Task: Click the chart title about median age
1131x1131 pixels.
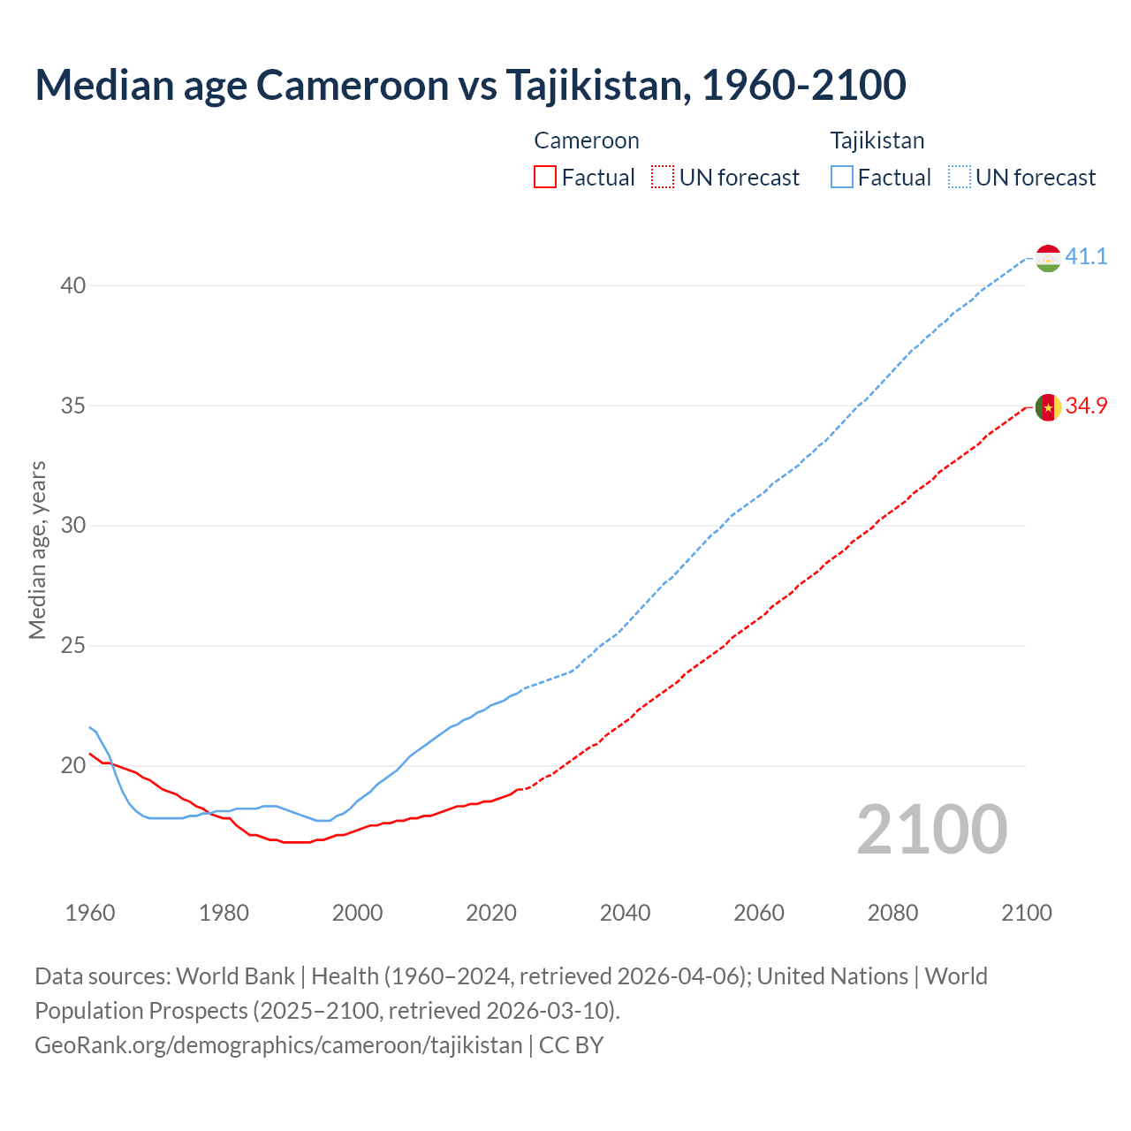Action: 470,85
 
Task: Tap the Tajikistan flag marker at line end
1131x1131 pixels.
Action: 1048,258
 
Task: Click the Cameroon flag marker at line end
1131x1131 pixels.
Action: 1048,407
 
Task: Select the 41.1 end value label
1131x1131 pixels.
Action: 1086,257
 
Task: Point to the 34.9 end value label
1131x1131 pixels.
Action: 1086,406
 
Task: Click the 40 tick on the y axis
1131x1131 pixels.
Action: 73,285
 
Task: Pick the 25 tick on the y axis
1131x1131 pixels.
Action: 73,646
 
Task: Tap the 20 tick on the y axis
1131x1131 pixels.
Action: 73,766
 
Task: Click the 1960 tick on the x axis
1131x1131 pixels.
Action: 90,913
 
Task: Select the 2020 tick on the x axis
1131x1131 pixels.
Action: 491,913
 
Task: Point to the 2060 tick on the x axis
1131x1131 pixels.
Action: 759,913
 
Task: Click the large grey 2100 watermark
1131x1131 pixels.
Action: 931,830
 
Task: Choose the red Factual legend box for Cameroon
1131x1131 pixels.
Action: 545,178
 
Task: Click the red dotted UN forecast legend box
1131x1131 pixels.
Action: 663,178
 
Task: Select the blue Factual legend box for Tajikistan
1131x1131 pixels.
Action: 842,178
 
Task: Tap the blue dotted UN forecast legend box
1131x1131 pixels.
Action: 960,178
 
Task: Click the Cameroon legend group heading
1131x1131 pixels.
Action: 587,140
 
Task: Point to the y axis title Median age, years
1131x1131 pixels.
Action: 37,550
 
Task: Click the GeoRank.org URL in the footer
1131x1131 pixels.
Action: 278,1045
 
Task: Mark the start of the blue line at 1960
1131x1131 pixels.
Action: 90,727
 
